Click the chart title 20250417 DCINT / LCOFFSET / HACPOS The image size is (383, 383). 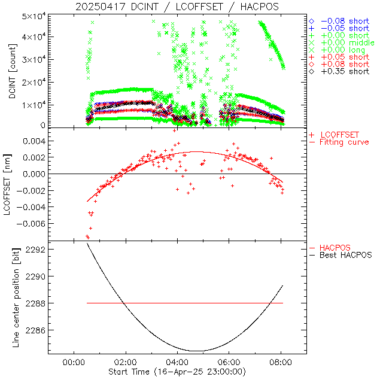pos(177,7)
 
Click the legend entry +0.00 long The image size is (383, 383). pos(342,50)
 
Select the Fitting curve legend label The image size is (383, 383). pos(344,142)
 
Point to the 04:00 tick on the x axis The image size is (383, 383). pos(177,363)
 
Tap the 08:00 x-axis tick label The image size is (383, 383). pos(281,363)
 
